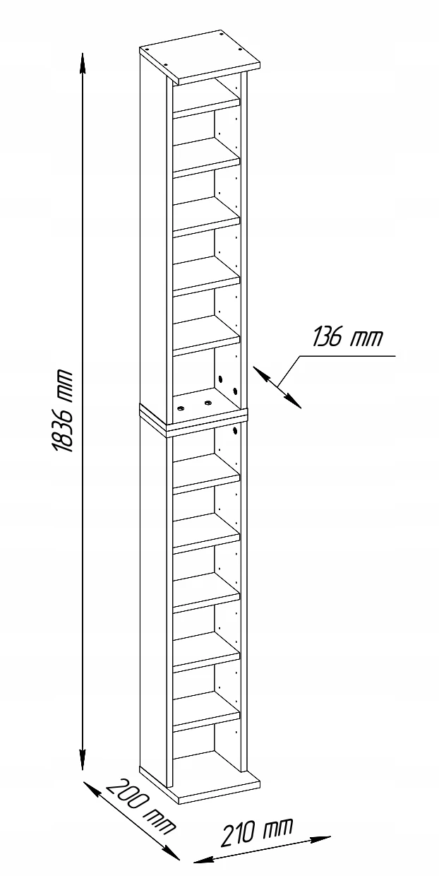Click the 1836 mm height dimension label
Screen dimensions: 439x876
[x=63, y=410]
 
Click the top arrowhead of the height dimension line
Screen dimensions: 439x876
[x=82, y=63]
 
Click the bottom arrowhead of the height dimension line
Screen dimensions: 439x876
[x=83, y=747]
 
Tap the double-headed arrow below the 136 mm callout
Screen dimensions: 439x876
[x=277, y=386]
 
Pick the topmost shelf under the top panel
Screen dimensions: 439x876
[x=206, y=102]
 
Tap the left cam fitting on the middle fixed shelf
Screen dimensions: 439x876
[x=181, y=408]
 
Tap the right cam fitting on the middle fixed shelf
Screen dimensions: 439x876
[x=207, y=402]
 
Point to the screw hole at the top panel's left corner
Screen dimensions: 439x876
[x=148, y=50]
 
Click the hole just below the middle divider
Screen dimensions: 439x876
[x=235, y=431]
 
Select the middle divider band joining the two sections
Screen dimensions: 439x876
[x=193, y=421]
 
